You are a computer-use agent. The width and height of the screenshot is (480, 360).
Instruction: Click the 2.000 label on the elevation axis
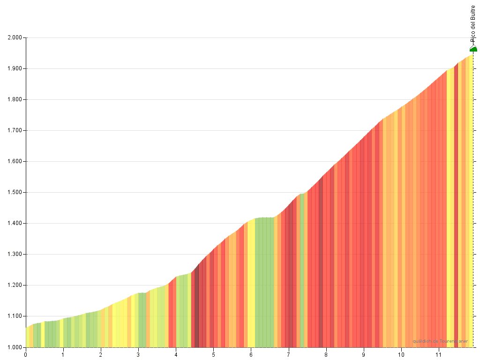[15, 37]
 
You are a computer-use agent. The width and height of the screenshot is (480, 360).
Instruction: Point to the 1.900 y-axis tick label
[15, 68]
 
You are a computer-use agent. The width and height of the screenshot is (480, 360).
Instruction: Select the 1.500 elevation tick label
[15, 192]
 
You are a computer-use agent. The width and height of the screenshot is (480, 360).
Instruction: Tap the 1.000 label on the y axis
[15, 347]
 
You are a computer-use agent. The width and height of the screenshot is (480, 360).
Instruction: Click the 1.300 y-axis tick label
[15, 254]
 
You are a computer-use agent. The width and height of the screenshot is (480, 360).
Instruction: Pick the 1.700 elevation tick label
[15, 130]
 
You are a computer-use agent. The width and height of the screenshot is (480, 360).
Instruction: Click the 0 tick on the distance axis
[26, 354]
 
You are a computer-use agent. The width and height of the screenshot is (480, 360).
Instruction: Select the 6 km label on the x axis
[251, 354]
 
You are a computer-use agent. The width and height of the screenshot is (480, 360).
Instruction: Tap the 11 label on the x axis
[439, 354]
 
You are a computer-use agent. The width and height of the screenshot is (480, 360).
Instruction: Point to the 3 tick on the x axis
[138, 354]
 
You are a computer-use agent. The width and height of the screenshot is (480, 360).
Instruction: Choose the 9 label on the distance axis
[363, 354]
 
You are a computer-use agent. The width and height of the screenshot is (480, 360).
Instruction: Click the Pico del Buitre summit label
[473, 23]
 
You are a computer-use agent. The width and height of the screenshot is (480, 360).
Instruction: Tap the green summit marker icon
[473, 49]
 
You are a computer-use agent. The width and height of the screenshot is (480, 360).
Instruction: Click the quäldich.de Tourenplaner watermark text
[440, 341]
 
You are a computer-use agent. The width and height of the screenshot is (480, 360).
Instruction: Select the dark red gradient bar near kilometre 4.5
[196, 309]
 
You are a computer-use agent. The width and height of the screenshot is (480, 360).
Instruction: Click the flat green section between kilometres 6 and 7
[264, 281]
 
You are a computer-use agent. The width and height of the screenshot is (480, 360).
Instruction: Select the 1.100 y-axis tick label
[15, 316]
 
